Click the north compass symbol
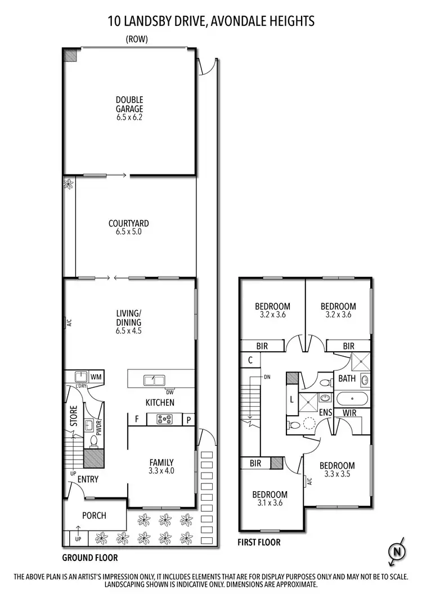[398, 551]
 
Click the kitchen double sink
[151, 380]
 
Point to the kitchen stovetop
[164, 419]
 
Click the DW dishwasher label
[169, 392]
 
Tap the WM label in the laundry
[95, 376]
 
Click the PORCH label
[94, 515]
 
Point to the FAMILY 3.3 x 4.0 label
[161, 466]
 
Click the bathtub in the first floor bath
[352, 401]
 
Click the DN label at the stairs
[268, 378]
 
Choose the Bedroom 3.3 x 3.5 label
[337, 470]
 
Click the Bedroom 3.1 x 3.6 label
[270, 499]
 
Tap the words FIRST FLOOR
[259, 543]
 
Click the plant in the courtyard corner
[69, 183]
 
